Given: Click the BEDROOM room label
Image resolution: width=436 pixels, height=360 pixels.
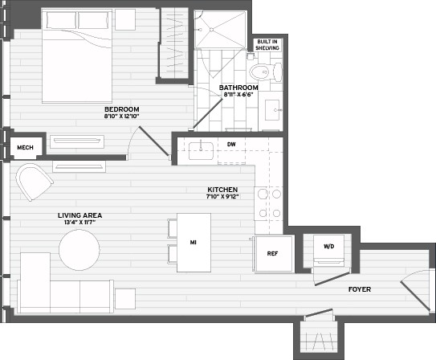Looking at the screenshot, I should pyautogui.click(x=121, y=108).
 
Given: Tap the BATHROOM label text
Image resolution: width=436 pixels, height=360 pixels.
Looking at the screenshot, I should pyautogui.click(x=238, y=87).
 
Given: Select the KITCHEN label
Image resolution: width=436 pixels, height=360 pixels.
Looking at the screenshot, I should pyautogui.click(x=223, y=189).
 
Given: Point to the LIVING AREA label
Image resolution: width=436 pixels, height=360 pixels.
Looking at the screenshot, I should pyautogui.click(x=79, y=215).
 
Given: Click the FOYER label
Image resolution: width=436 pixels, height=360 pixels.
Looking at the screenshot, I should pyautogui.click(x=359, y=288).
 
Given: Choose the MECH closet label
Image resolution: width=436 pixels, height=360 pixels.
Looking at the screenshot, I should pyautogui.click(x=24, y=147).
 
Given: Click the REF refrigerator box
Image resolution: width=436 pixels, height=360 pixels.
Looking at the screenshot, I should pyautogui.click(x=272, y=254).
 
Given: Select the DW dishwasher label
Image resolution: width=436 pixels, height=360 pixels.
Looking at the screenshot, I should pyautogui.click(x=231, y=145).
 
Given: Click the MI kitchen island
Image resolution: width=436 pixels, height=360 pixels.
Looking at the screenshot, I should pyautogui.click(x=194, y=240).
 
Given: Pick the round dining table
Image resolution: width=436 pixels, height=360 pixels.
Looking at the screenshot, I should pyautogui.click(x=80, y=250).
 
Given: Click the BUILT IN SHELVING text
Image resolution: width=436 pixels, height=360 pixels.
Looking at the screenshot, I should pyautogui.click(x=267, y=44).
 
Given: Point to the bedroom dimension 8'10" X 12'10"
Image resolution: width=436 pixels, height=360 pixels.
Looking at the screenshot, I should pyautogui.click(x=121, y=117).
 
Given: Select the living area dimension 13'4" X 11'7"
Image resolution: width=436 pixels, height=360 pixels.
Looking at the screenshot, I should pyautogui.click(x=79, y=223).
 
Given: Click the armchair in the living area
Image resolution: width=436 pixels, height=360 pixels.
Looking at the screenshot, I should pyautogui.click(x=32, y=182).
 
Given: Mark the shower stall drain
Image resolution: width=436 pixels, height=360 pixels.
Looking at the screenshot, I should pyautogui.click(x=213, y=30).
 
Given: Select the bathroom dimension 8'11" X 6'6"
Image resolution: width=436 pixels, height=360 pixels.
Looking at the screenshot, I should pyautogui.click(x=238, y=95).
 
